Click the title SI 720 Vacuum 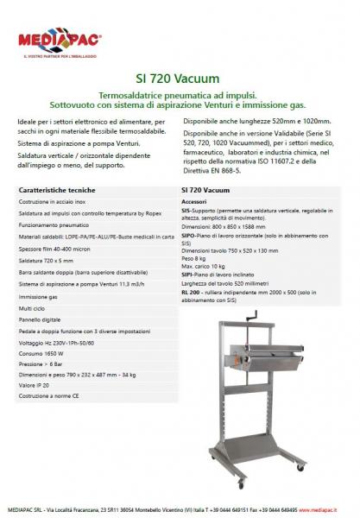coord(180,75)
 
